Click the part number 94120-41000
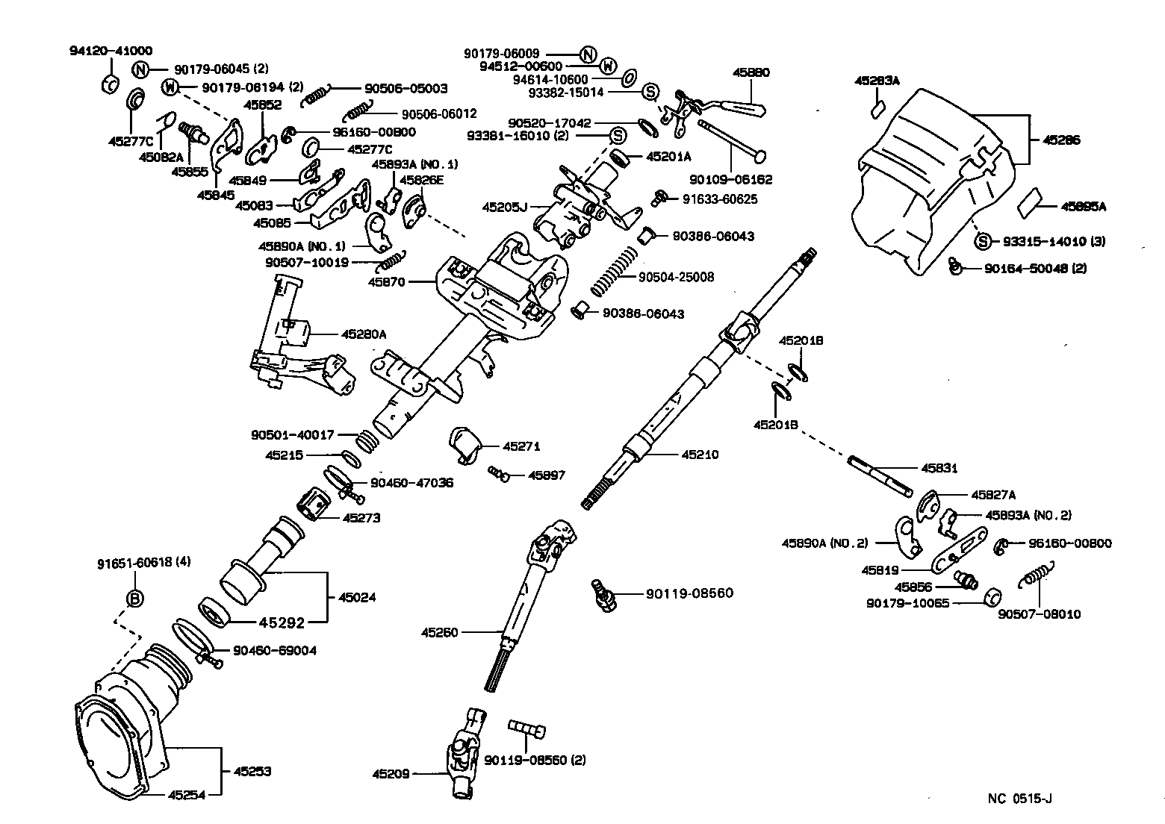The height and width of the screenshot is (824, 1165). click(111, 51)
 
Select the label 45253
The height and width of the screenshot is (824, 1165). click(252, 771)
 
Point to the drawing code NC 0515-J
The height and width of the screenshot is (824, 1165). click(1019, 799)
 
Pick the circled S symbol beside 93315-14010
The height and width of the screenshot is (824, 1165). click(983, 241)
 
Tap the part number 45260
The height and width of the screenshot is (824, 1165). click(439, 632)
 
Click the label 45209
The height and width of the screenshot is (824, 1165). click(391, 774)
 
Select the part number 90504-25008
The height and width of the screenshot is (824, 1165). click(677, 277)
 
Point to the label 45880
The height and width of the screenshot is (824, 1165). click(751, 72)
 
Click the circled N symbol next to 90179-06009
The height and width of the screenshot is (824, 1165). click(588, 54)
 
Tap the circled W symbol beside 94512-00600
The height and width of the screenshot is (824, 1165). click(608, 66)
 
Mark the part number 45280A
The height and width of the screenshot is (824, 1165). click(364, 334)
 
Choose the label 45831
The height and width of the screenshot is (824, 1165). click(939, 469)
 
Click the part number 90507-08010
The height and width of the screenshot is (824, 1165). click(1039, 614)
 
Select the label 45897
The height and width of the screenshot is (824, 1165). click(547, 475)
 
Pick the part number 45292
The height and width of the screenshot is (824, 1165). click(278, 621)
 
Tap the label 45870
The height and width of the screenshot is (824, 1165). click(386, 281)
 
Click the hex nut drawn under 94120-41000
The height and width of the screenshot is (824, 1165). click(109, 84)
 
